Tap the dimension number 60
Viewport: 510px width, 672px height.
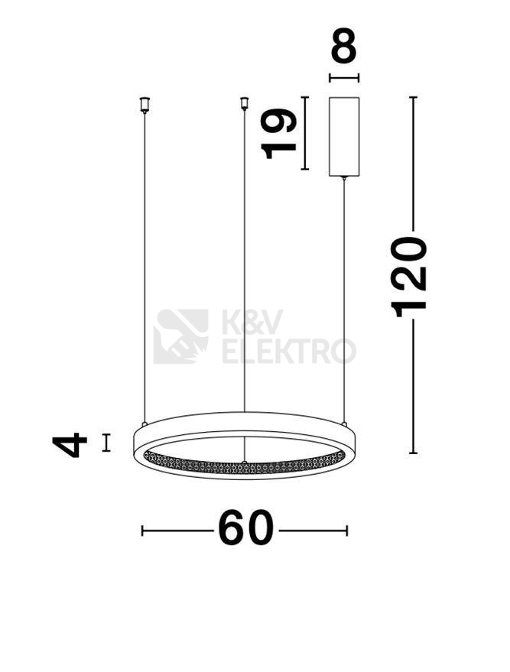coord(245,528)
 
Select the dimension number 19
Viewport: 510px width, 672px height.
coord(278,133)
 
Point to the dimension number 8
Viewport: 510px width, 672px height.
coord(344,45)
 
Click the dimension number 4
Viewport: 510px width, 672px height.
coord(70,445)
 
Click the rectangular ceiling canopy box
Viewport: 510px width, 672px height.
coord(344,137)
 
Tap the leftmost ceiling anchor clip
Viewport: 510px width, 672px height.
coord(145,105)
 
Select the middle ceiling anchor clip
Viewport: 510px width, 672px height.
coord(244,103)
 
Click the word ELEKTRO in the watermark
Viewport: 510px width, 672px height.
coord(289,351)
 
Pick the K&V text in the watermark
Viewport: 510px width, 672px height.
coord(252,322)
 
